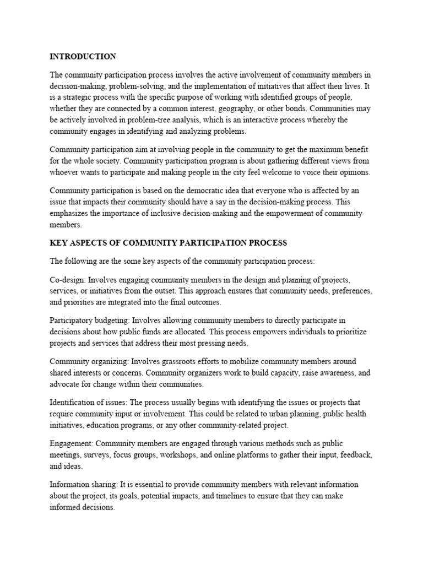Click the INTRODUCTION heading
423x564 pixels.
83,56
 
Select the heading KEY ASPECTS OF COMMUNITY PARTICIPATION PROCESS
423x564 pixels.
169,242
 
